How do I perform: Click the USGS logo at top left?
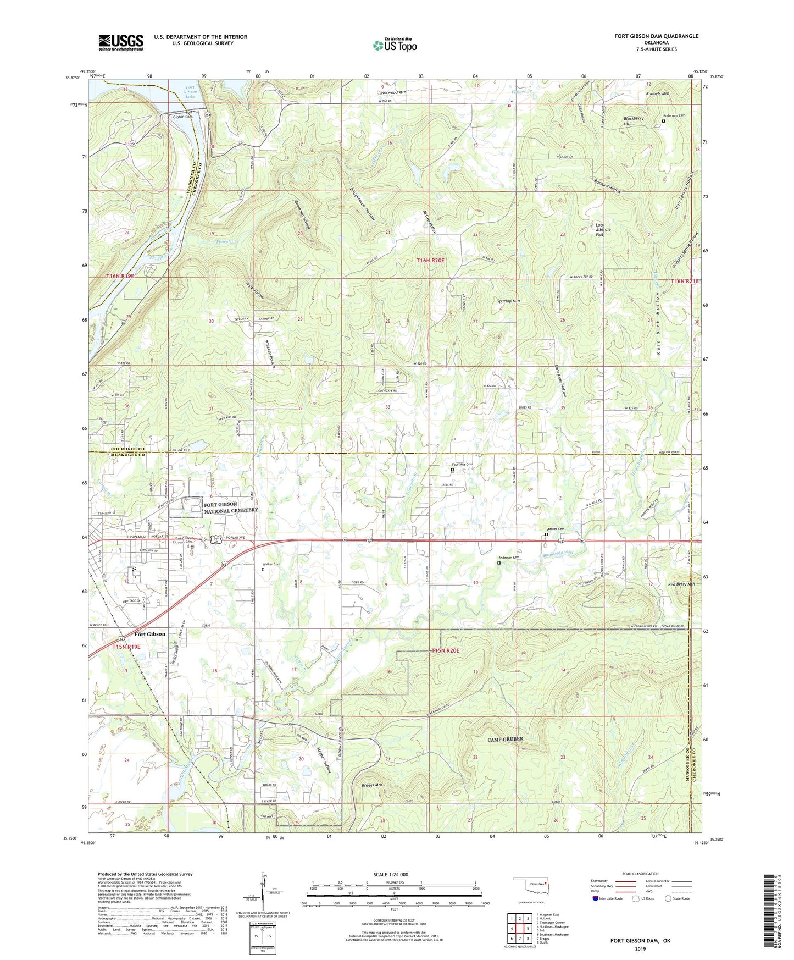pos(120,42)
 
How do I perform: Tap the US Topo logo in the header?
pos(395,45)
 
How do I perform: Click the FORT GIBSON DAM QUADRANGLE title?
pos(656,36)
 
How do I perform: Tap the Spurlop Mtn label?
pos(508,301)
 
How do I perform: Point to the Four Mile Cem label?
pos(462,465)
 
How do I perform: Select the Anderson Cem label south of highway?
pos(509,558)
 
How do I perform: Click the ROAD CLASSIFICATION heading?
pos(640,874)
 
